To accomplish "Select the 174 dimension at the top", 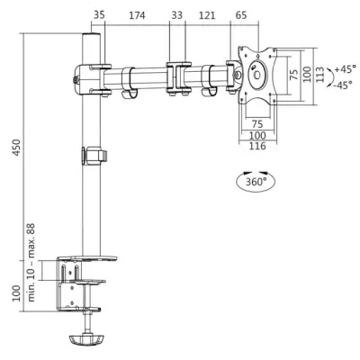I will (x=137, y=15).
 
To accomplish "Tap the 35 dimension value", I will (x=98, y=15).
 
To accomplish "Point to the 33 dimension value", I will (x=176, y=15).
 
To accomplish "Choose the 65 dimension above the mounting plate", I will (x=241, y=15).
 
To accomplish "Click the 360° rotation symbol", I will (x=255, y=181).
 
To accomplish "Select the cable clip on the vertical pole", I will (x=91, y=156).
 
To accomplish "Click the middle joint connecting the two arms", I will (x=176, y=76).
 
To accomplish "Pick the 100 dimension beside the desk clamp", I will (x=13, y=292).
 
